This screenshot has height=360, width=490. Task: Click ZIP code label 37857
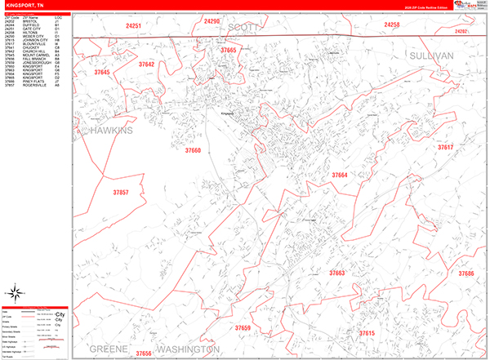[120, 193]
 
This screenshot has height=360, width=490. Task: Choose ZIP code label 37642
[146, 64]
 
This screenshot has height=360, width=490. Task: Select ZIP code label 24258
[392, 25]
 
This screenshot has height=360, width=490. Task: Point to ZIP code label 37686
[466, 273]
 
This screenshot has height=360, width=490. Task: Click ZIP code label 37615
[367, 333]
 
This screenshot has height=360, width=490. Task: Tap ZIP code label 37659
[220, 327]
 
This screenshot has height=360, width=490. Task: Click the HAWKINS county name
[111, 131]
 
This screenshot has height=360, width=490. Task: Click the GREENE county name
[109, 349]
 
